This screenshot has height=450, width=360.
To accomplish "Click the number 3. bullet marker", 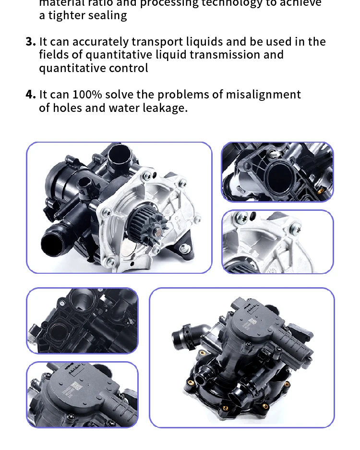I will click(x=31, y=42).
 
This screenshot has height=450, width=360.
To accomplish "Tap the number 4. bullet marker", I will click(x=31, y=95).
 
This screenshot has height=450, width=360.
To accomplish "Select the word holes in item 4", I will click(x=67, y=108).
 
